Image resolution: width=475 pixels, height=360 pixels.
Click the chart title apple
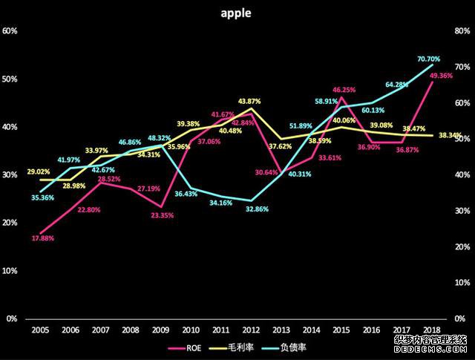point(237,13)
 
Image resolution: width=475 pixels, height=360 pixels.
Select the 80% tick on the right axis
point(464,31)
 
